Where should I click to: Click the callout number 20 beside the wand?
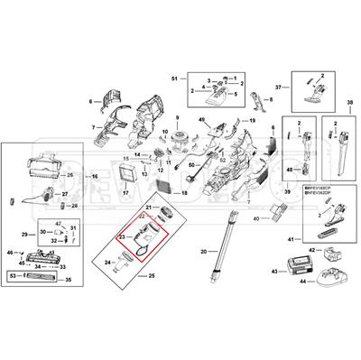pos(203,250)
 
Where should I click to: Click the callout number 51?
pos(174,78)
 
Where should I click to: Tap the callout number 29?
pos(25,235)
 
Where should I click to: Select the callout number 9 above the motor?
pos(178,119)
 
